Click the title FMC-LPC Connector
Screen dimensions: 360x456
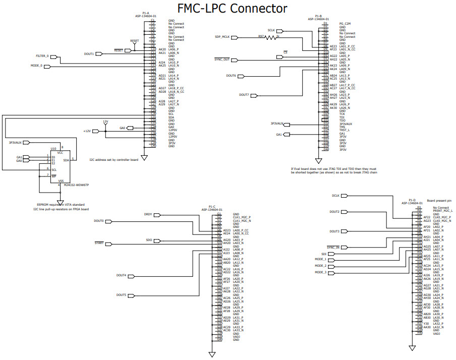tap(233, 9)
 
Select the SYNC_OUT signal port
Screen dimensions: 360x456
tap(225, 59)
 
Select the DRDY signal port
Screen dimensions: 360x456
tap(154, 215)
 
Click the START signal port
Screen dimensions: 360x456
tap(105, 244)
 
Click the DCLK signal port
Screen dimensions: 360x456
tap(342, 195)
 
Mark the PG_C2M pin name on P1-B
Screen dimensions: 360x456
tap(346, 24)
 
